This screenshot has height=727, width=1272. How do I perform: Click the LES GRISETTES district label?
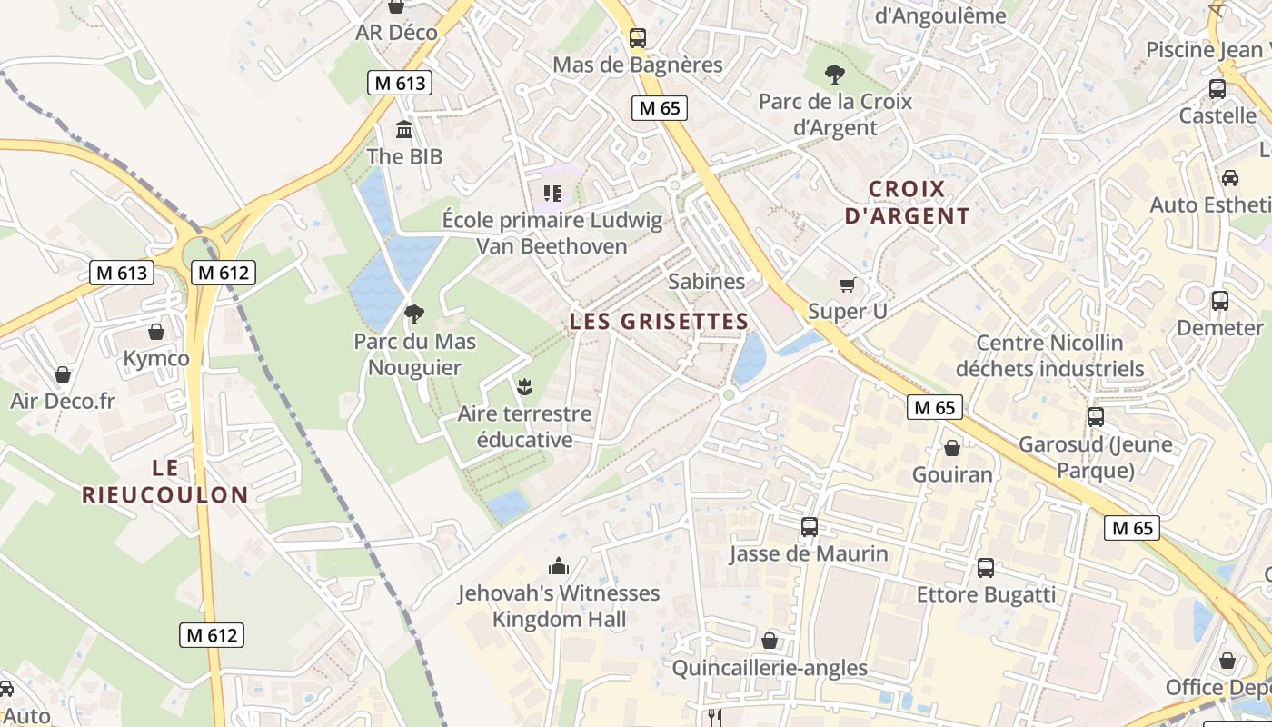(659, 321)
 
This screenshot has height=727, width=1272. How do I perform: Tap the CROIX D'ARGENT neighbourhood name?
(907, 203)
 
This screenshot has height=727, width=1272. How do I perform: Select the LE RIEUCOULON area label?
(164, 482)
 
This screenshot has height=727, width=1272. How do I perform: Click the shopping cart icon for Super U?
(848, 285)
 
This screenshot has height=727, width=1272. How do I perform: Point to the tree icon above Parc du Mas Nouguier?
(414, 314)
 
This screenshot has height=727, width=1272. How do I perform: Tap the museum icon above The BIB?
(404, 129)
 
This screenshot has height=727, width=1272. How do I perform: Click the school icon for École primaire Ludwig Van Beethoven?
(552, 193)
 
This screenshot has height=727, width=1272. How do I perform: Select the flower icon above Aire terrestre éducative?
(523, 387)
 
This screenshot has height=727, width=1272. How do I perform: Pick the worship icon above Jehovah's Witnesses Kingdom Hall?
(558, 566)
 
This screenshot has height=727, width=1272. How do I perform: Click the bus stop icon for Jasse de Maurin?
(809, 527)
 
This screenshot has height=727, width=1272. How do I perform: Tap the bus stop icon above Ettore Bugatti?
(986, 568)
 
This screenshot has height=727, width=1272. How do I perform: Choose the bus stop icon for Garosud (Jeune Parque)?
(1096, 417)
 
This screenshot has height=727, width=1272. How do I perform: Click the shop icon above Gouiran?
(952, 448)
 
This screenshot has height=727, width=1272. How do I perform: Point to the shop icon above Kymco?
(156, 332)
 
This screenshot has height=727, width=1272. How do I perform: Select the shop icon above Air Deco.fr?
(63, 374)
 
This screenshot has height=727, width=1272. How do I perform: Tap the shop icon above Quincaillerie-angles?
(770, 642)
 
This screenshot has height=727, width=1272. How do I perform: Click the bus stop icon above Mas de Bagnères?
(638, 38)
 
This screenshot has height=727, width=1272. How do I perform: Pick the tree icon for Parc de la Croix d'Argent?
(834, 75)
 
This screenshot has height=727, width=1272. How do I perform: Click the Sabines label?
(706, 282)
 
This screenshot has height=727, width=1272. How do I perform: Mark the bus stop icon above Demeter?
(1220, 300)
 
